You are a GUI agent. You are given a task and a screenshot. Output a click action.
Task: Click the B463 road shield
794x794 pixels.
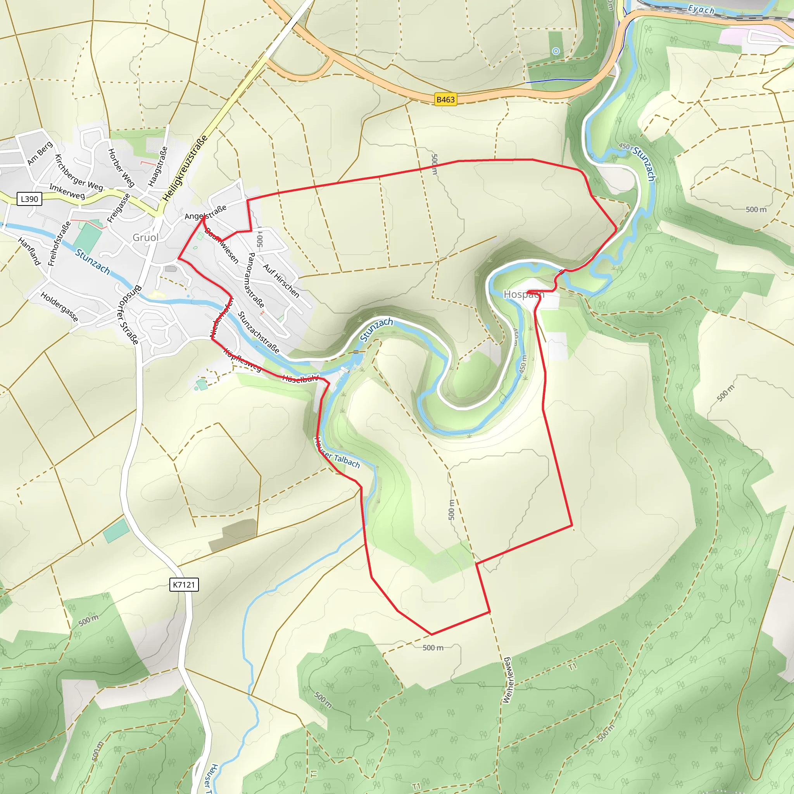445,100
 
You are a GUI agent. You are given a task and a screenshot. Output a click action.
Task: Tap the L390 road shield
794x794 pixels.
29,199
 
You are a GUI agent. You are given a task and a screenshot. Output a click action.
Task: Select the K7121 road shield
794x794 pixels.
184,584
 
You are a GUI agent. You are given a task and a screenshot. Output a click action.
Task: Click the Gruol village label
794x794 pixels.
145,237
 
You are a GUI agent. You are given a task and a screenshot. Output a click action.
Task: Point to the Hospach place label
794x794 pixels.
523,294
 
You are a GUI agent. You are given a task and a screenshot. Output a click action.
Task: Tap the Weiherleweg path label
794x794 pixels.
507,680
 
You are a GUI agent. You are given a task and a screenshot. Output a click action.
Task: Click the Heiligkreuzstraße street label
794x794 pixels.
185,169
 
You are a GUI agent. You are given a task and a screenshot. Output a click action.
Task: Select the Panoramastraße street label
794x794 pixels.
255,280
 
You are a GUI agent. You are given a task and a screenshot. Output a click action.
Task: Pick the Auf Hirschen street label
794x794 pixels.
281,281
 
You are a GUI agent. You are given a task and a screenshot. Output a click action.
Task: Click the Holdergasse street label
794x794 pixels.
59,307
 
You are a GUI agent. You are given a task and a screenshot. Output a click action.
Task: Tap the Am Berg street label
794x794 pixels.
40,153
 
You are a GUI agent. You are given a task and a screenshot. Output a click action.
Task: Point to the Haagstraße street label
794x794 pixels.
158,166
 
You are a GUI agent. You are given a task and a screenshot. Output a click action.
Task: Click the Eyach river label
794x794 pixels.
701,9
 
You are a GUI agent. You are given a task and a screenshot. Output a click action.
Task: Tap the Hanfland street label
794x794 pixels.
29,251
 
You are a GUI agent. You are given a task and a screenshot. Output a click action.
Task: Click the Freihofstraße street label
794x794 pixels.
59,244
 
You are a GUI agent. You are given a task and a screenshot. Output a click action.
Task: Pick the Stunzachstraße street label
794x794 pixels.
259,333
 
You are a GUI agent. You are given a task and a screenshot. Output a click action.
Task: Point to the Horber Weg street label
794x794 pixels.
121,167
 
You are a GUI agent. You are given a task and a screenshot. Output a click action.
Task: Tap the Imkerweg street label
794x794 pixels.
67,191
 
